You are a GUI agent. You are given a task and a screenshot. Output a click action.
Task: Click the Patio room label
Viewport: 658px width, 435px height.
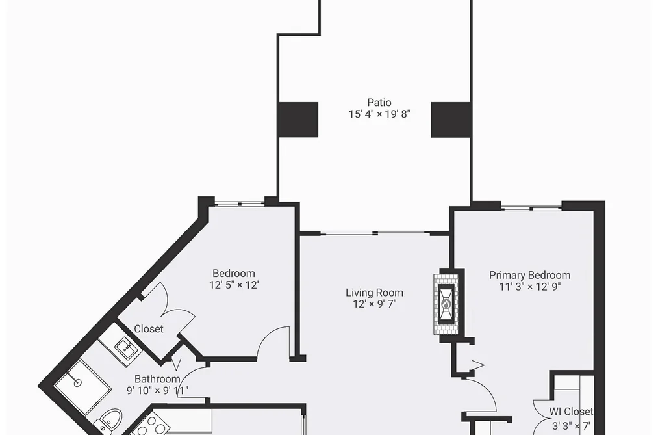[x=379, y=103]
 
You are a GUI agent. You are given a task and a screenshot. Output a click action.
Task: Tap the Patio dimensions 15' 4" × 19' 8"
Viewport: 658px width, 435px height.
[x=379, y=114]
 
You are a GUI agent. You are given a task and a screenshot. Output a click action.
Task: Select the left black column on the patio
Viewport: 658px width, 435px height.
[x=298, y=120]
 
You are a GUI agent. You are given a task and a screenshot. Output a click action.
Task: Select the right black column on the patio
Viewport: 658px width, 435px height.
[x=451, y=120]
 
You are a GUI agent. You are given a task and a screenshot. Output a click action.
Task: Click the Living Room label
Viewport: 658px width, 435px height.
[x=374, y=293]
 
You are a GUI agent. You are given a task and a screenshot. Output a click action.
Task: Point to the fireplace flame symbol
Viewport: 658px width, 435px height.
[x=446, y=304]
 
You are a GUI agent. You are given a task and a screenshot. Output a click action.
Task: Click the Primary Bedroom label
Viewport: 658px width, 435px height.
[x=529, y=276]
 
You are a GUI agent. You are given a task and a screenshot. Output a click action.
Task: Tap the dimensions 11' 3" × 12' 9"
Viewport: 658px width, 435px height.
[x=530, y=287]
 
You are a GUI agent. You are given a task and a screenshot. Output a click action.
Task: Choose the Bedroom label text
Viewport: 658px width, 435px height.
[x=234, y=274]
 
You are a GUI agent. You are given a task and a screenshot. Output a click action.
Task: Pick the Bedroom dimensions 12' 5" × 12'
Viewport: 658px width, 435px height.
[x=234, y=285]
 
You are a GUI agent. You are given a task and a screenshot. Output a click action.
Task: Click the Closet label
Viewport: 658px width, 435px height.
[x=149, y=329]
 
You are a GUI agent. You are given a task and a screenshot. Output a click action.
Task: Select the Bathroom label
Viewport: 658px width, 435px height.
[x=157, y=379]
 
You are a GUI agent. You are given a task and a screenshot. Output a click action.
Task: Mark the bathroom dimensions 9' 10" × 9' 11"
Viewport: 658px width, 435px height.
[x=157, y=391]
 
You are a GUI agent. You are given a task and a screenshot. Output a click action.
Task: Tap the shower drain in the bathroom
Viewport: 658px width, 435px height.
[x=77, y=383]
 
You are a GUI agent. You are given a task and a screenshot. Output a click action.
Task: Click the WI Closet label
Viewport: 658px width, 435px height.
[x=571, y=412]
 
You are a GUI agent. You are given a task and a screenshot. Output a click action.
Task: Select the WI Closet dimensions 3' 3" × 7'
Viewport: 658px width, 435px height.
[x=571, y=426]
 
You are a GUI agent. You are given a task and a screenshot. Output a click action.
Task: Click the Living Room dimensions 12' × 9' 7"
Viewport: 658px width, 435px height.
[x=375, y=304]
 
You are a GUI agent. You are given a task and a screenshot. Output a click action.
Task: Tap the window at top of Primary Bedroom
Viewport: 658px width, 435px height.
[x=531, y=207]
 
